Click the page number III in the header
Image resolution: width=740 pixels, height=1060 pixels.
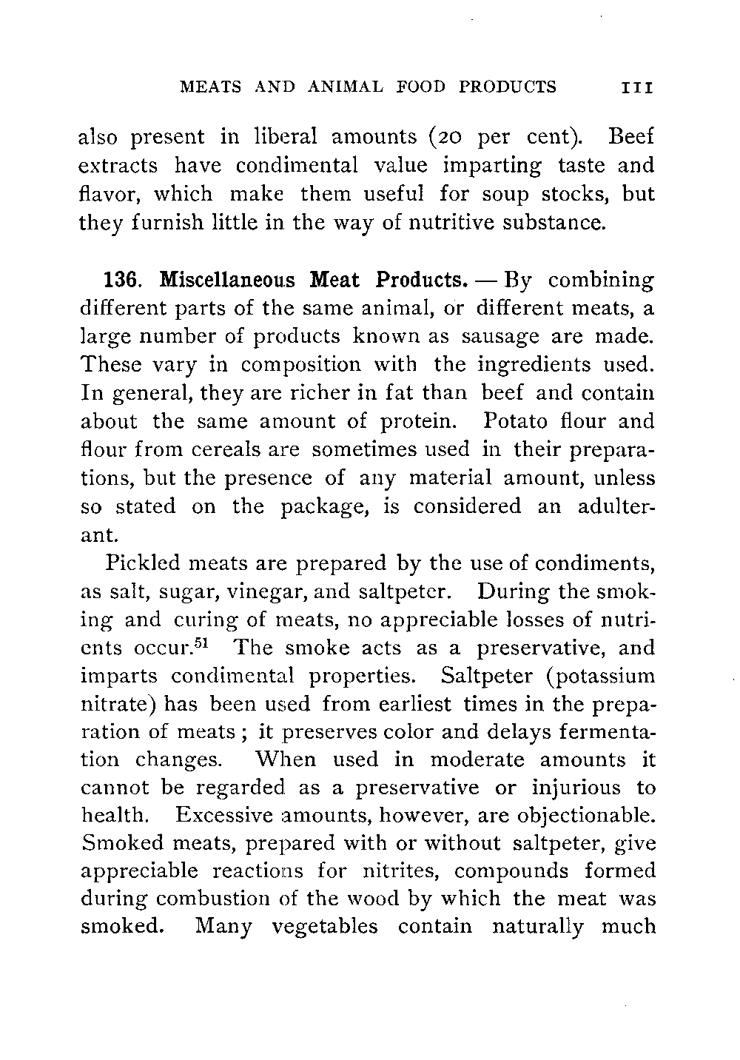click(637, 87)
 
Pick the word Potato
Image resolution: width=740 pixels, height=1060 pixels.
click(514, 421)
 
